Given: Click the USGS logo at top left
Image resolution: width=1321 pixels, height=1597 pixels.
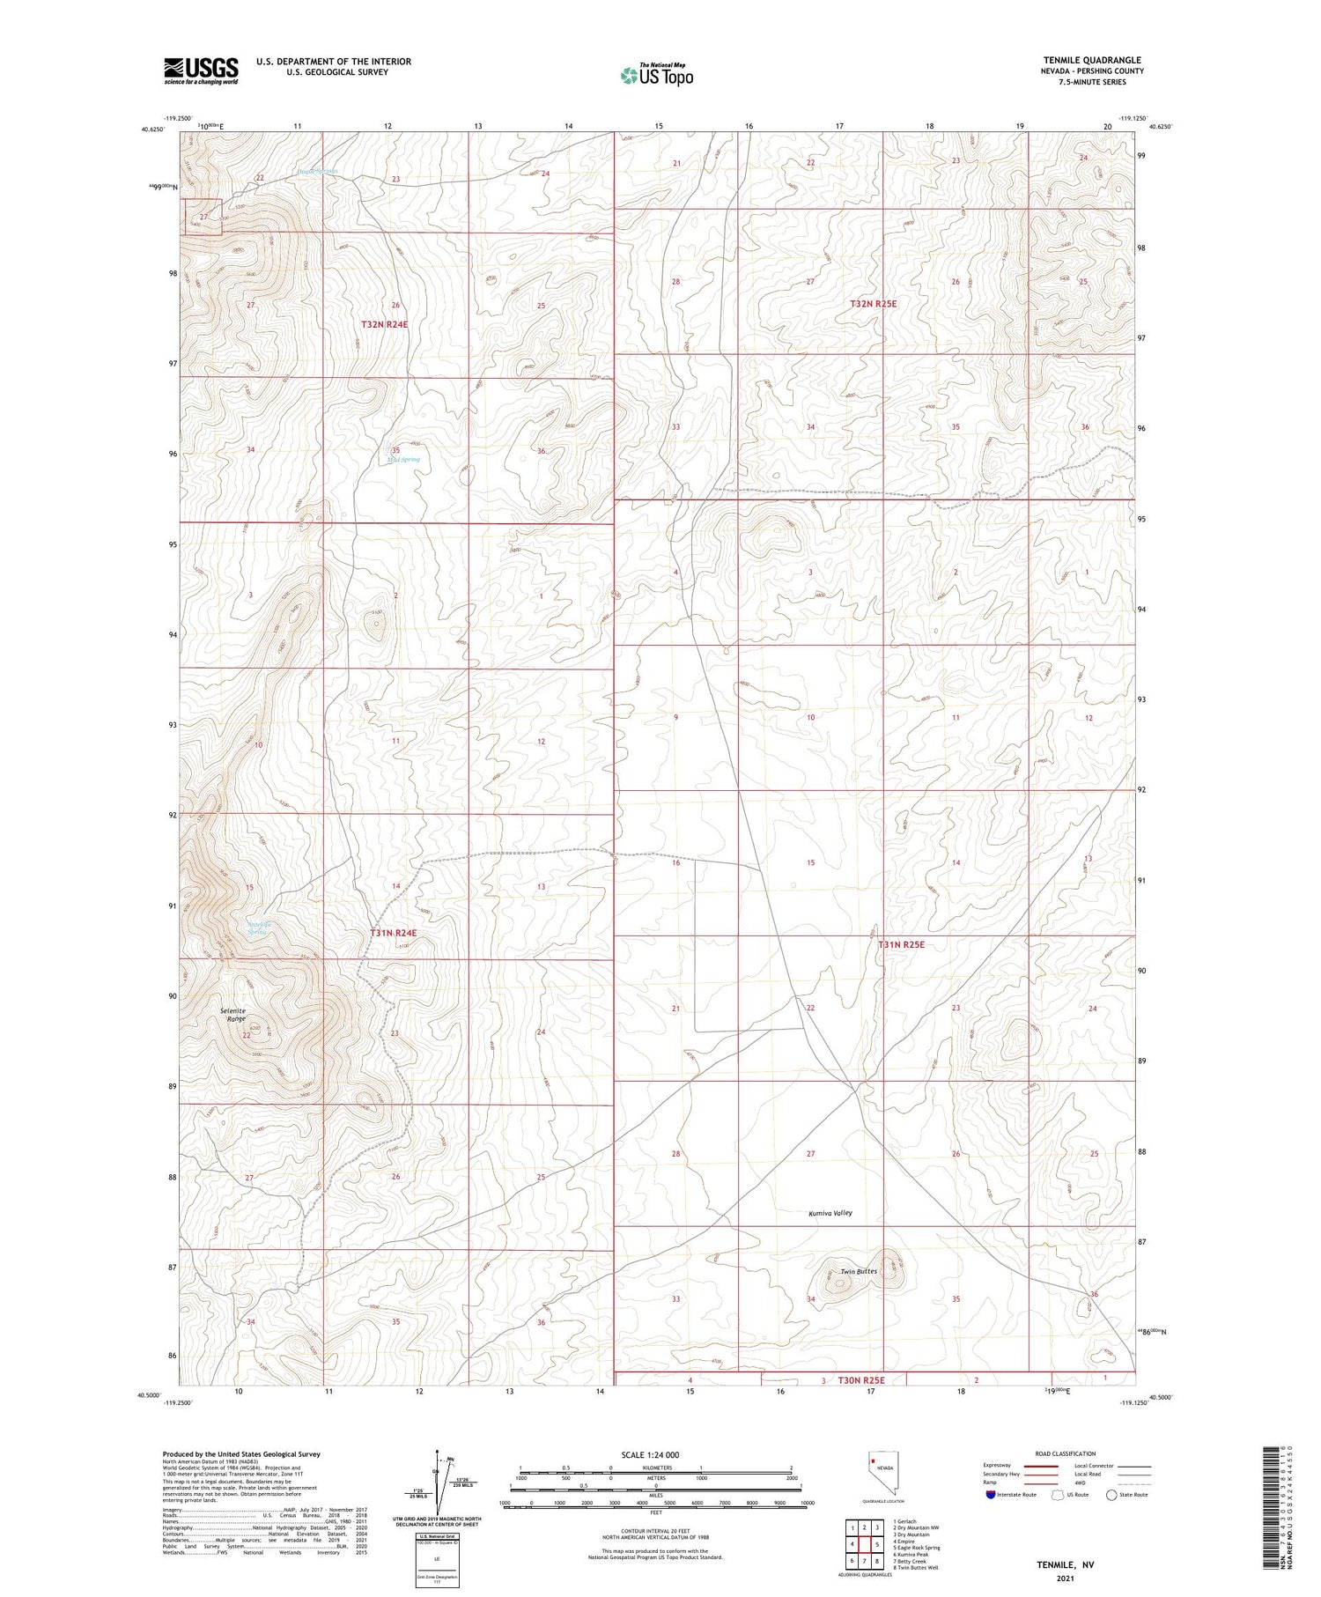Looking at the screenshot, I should pos(201,70).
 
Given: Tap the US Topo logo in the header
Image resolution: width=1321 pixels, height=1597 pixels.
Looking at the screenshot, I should pos(656,76).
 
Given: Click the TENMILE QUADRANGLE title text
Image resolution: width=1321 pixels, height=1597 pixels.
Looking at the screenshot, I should pos(1091,60).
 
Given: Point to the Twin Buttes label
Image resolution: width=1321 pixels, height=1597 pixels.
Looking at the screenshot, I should pos(858,1271).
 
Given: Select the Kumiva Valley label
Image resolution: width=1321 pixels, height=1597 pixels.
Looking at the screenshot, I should pos(830,1213).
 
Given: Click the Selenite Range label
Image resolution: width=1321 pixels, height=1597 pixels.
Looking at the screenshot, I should pos(233,1014).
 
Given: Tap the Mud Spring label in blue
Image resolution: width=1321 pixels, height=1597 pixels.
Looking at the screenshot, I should pos(403,460).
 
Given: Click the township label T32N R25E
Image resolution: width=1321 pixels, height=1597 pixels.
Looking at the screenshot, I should pos(873,303).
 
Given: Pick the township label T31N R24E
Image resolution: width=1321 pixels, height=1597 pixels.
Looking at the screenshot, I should pos(393,932).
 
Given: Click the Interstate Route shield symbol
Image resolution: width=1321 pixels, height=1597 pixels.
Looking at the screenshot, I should pos(991,1495).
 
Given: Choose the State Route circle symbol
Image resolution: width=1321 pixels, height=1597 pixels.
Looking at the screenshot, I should pos(1111,1495).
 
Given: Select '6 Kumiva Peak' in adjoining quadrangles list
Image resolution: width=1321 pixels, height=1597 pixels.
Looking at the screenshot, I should pos(911,1555).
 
